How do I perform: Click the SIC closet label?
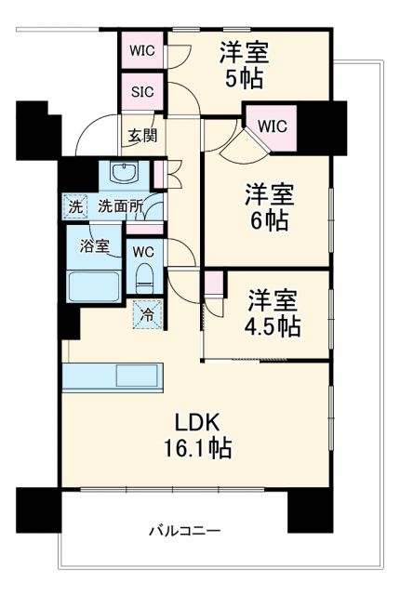click(x=142, y=91)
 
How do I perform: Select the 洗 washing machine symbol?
click(x=73, y=206)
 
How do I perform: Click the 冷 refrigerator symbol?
click(x=146, y=314)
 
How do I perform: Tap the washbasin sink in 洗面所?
click(x=123, y=173)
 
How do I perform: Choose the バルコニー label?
click(x=185, y=532)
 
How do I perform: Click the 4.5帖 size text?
click(x=271, y=326)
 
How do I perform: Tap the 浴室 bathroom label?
click(x=94, y=246)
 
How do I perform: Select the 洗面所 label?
click(x=121, y=206)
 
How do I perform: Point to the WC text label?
click(x=142, y=251)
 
